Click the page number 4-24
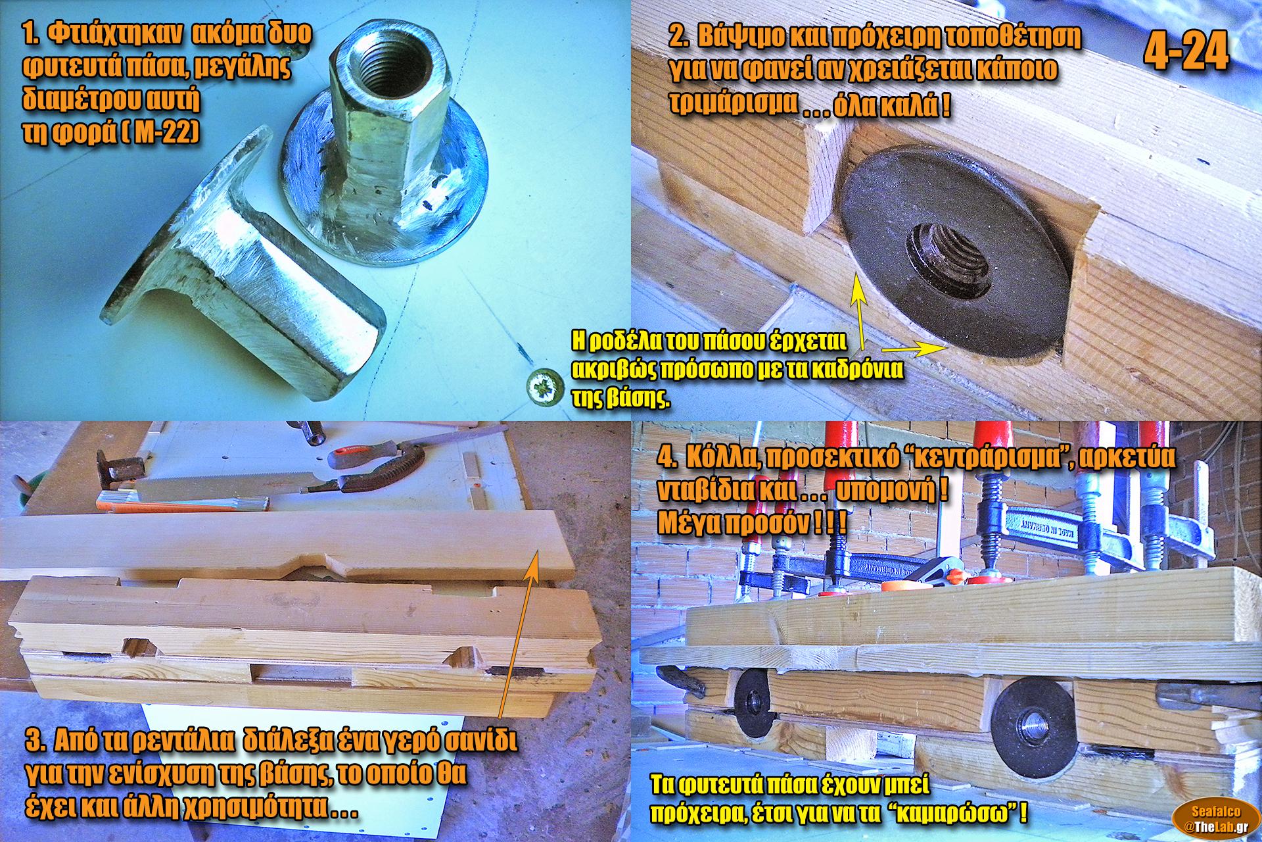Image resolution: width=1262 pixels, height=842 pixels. [1186, 52]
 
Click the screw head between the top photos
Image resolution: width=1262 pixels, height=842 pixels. [546, 388]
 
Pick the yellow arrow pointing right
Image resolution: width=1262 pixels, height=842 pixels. [914, 348]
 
